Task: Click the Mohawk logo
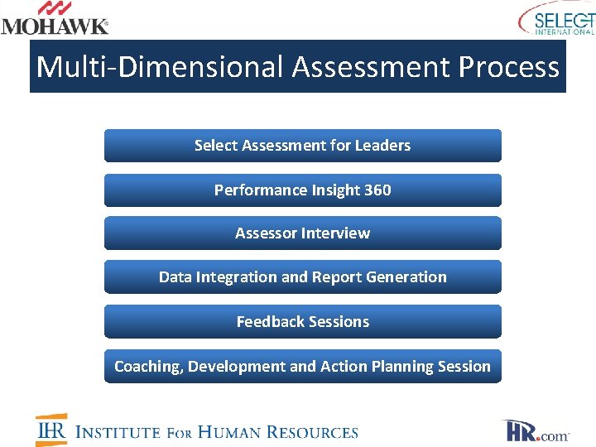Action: [x=55, y=18]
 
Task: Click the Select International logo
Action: [x=557, y=19]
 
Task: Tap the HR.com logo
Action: [x=536, y=431]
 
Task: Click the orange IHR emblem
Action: [x=51, y=430]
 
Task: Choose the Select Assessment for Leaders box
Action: [x=302, y=146]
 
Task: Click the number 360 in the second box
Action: [x=377, y=190]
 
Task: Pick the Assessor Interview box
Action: [x=302, y=233]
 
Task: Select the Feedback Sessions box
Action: [x=302, y=322]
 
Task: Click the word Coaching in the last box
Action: [x=147, y=367]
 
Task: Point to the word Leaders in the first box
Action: [x=382, y=146]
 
